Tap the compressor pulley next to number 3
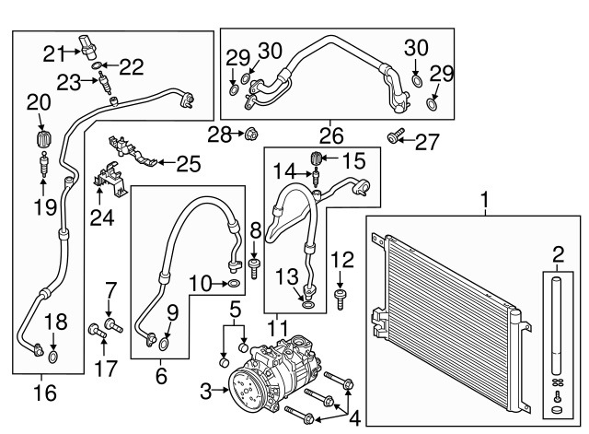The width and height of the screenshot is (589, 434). point(248,392)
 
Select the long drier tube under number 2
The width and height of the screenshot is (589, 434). point(556,331)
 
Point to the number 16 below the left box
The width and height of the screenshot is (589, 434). point(43,393)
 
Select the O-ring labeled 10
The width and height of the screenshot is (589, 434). point(234,282)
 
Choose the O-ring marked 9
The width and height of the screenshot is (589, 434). point(164,345)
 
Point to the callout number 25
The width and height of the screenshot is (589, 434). point(188,165)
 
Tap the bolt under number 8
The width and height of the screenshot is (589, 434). point(255,265)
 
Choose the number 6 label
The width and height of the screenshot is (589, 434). point(161,376)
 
